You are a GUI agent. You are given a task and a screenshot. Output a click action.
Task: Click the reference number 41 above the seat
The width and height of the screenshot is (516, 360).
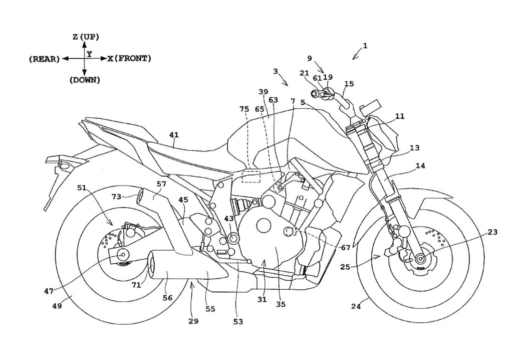point(173,134)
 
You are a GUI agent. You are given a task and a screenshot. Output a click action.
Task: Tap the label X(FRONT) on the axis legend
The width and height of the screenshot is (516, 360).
point(129,59)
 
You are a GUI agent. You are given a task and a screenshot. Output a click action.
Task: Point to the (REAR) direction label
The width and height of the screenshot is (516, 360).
point(45,59)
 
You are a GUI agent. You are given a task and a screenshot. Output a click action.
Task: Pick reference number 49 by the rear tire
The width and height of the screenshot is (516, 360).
point(57,305)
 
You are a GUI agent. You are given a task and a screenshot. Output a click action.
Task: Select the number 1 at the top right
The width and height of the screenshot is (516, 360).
point(365,46)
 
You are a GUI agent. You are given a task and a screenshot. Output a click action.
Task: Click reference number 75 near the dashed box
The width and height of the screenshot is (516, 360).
point(244,109)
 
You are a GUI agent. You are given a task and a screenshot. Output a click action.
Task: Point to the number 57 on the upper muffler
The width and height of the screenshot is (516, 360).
point(161,184)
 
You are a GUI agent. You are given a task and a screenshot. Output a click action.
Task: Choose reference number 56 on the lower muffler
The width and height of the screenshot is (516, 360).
point(167,297)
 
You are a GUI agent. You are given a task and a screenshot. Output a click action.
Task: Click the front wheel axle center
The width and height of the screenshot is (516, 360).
point(419,258)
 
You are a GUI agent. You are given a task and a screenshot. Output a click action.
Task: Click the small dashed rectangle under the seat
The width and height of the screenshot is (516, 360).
point(251,176)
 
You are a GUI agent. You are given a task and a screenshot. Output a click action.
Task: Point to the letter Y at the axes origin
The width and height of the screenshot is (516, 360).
point(89,53)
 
